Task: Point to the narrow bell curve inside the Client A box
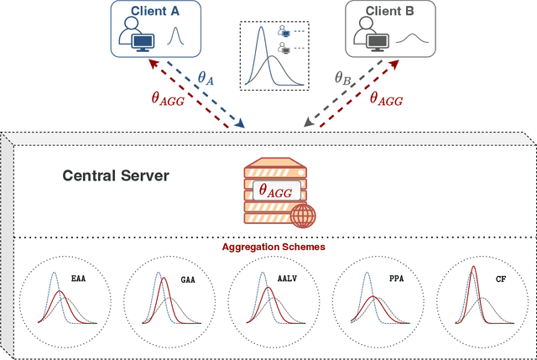pyautogui.click(x=175, y=37)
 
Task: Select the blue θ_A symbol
pyautogui.click(x=206, y=78)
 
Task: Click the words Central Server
pyautogui.click(x=117, y=176)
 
